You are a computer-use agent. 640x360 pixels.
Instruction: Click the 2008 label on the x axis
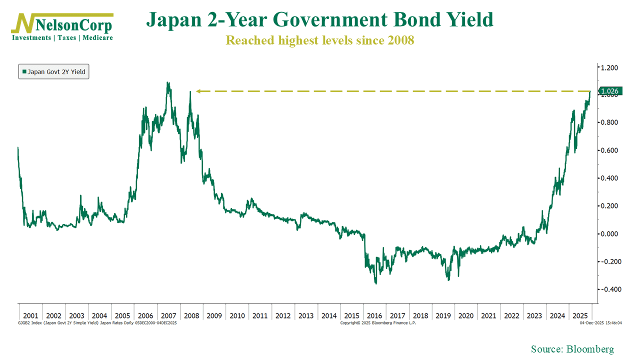click(x=191, y=316)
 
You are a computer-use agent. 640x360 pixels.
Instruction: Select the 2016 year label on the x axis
click(x=374, y=316)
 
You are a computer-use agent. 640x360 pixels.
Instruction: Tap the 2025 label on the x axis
click(x=580, y=316)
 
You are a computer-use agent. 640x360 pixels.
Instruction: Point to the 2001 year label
click(x=30, y=316)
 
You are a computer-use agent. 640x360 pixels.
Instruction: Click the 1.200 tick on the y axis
click(x=608, y=67)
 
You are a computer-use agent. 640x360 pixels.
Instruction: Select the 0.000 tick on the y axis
click(x=608, y=234)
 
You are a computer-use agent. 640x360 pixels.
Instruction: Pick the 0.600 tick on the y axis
click(x=608, y=150)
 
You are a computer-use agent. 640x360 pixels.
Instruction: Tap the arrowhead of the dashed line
click(x=198, y=91)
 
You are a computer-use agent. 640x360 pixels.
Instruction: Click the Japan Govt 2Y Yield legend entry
click(x=53, y=72)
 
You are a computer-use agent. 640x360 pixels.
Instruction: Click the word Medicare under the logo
click(x=98, y=38)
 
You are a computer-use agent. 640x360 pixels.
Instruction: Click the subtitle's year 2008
click(x=400, y=40)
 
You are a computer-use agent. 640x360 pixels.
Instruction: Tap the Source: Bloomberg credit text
click(x=572, y=349)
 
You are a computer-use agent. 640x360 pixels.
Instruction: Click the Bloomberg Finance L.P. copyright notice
click(x=378, y=323)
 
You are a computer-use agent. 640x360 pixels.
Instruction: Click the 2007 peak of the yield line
click(x=167, y=83)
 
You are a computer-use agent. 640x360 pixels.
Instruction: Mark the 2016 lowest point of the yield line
click(x=375, y=284)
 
